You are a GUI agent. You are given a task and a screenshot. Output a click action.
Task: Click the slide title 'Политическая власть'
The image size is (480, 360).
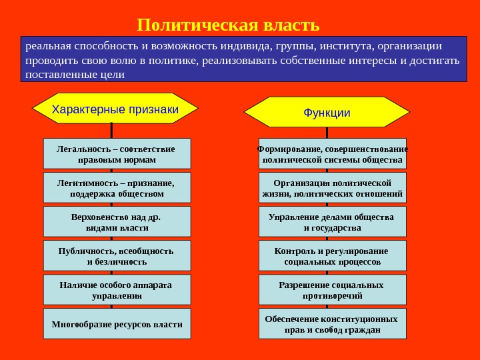(228, 25)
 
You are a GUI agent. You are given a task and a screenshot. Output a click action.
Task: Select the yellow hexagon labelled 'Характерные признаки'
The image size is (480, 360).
(115, 109)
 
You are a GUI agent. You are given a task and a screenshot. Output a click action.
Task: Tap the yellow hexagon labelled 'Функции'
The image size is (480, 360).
(327, 112)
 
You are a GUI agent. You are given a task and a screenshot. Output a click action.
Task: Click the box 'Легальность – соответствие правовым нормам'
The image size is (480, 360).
(117, 154)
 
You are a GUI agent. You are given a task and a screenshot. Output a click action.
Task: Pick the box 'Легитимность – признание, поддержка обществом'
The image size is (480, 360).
(117, 188)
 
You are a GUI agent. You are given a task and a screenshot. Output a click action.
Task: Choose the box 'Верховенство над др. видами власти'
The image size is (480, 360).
(117, 222)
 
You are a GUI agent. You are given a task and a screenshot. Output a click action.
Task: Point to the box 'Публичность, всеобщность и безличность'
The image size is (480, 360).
(117, 256)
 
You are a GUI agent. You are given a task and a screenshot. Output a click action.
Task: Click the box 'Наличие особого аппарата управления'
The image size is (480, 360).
(117, 290)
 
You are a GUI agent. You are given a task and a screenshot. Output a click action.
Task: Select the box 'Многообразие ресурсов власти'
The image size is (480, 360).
(117, 324)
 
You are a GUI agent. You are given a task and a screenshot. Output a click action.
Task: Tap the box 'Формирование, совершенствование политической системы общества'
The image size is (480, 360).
(332, 154)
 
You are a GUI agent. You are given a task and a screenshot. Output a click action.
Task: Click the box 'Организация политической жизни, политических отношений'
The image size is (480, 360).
(332, 188)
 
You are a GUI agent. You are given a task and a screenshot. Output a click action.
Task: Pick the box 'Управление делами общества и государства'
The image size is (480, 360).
(332, 222)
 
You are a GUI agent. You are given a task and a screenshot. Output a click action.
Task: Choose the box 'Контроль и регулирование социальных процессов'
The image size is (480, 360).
(332, 256)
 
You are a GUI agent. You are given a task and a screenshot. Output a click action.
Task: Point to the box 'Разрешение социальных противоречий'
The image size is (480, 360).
(332, 290)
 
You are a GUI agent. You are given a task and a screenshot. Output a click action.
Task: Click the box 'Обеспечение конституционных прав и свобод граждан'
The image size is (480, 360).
(332, 324)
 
